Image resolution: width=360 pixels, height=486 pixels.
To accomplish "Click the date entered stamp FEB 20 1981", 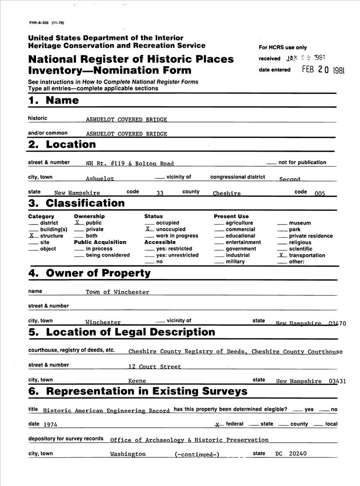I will pos(323,69).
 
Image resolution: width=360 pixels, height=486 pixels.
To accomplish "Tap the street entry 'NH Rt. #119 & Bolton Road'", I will pos(129,164).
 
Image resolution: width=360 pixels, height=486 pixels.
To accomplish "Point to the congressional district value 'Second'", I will pos(289,179).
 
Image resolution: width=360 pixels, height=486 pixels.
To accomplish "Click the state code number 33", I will pos(160,193).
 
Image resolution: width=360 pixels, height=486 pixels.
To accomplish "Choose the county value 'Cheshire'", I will pos(227,193).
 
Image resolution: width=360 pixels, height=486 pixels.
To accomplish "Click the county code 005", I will pos(320,193).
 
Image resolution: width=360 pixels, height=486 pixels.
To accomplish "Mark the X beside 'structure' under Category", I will pos(32,236).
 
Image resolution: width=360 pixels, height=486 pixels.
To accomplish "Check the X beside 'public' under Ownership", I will pos(77,223).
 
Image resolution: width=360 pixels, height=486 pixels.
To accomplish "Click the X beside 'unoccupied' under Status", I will pos(148,229).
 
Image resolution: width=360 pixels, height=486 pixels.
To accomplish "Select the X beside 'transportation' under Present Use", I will pos(281,255).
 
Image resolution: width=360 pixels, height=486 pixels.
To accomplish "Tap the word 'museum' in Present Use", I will pos(300,223).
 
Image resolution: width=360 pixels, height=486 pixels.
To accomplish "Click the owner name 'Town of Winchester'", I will pos(117,292).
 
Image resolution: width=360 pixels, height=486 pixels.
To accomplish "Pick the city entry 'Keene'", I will pos(137,382).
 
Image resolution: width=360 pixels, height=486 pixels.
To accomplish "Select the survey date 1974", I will pos(50,424).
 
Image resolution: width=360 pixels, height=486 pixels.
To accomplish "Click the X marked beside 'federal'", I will pos(218,424).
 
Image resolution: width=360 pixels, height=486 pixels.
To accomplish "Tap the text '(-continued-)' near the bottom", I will pos(197,454).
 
